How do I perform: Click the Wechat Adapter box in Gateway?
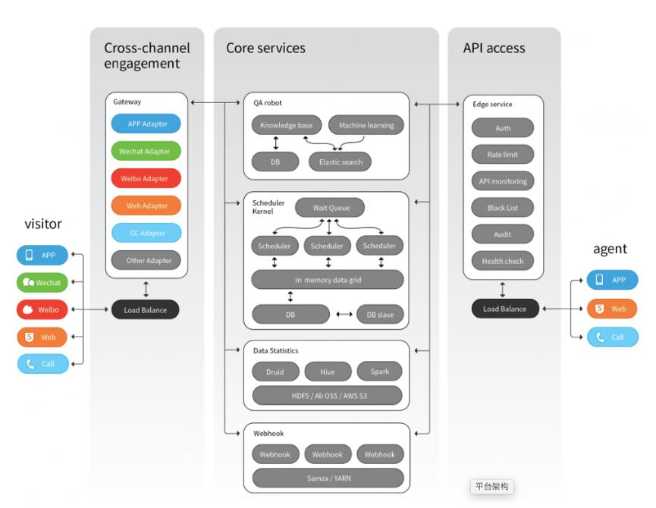pyautogui.click(x=145, y=151)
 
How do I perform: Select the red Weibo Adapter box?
pyautogui.click(x=145, y=178)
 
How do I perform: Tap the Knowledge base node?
pyautogui.click(x=287, y=125)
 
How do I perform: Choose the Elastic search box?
pyautogui.click(x=341, y=161)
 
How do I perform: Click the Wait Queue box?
pyautogui.click(x=328, y=206)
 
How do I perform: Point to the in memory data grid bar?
pyautogui.click(x=327, y=280)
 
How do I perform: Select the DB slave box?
pyautogui.click(x=380, y=315)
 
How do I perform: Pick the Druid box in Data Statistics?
pyautogui.click(x=275, y=372)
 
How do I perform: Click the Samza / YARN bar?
pyautogui.click(x=327, y=478)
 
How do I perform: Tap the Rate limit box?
pyautogui.click(x=503, y=155)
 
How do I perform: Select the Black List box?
pyautogui.click(x=503, y=208)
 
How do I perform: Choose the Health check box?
pyautogui.click(x=503, y=261)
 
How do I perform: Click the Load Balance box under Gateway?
pyautogui.click(x=145, y=309)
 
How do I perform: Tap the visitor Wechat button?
pyautogui.click(x=42, y=282)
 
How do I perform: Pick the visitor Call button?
pyautogui.click(x=42, y=364)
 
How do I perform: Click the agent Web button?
pyautogui.click(x=612, y=309)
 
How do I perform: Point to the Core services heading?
pyautogui.click(x=265, y=49)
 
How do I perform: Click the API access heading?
pyautogui.click(x=494, y=49)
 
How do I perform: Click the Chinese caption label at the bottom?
pyautogui.click(x=491, y=487)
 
